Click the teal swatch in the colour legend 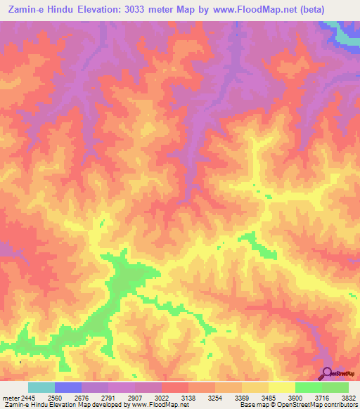click(41, 387)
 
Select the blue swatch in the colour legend click(68, 387)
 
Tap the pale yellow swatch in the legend click(282, 387)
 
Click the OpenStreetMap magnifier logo click(328, 374)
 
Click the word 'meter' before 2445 click(11, 398)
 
